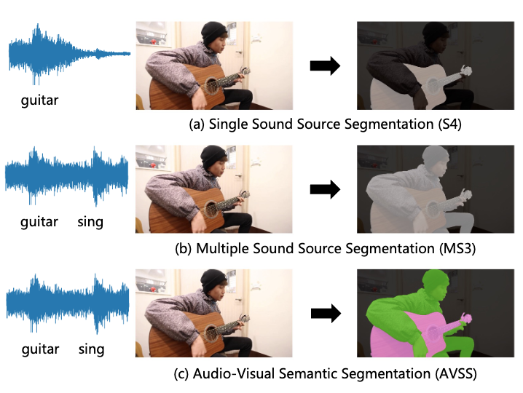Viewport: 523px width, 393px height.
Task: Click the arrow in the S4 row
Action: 325,65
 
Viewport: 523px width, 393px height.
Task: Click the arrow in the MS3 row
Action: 325,190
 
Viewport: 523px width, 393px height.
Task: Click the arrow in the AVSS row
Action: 325,314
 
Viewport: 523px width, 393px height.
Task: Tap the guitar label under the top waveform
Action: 39,100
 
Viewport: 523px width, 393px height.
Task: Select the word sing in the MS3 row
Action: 90,221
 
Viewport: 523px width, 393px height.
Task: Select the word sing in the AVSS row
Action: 91,349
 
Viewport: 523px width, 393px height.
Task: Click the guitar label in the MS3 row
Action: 39,221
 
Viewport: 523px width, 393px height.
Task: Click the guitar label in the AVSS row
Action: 40,349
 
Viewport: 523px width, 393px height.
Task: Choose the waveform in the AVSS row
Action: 67,301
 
